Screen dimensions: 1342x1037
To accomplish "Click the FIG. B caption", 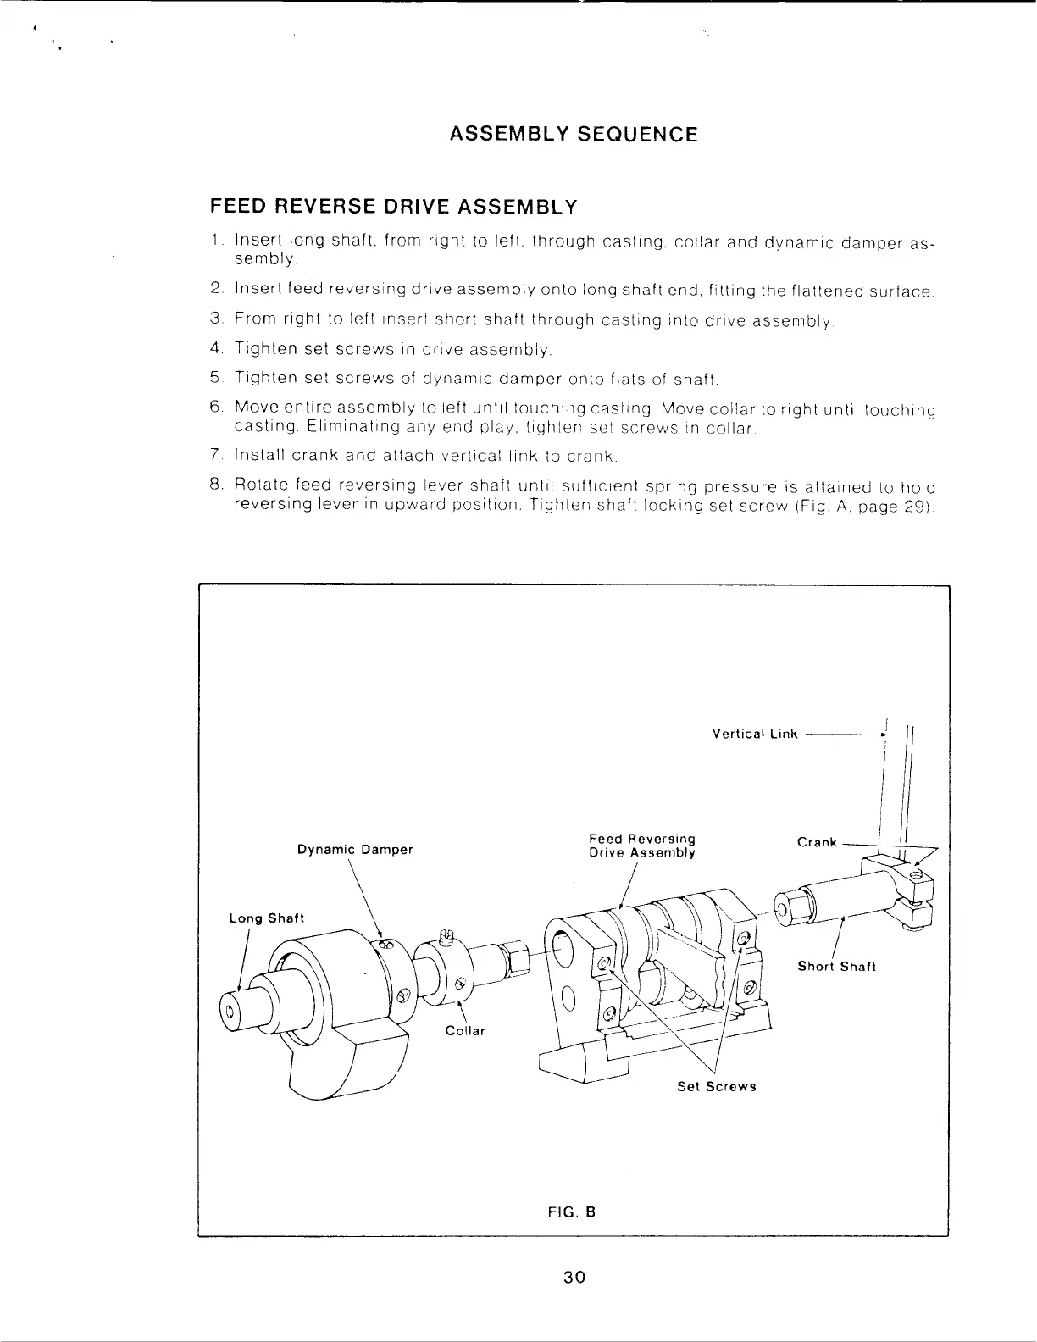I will tap(573, 1212).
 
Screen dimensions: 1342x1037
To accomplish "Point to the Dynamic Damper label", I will tap(355, 850).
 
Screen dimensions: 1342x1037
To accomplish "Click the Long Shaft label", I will tap(266, 918).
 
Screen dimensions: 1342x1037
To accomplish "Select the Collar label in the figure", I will tap(465, 1031).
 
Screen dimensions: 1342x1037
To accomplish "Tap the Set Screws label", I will tap(716, 1087).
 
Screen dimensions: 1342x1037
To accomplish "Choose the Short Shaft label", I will tap(836, 967).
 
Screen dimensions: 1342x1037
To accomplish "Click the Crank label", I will tap(817, 842).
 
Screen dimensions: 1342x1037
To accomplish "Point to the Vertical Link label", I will tap(755, 734).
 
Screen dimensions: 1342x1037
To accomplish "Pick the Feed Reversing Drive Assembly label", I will tap(642, 846).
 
